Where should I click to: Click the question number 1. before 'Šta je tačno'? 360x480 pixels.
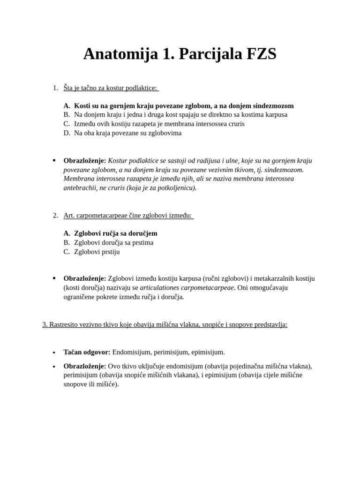(x=55, y=88)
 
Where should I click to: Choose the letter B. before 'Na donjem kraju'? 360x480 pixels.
(x=67, y=114)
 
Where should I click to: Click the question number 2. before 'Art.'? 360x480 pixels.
(x=55, y=215)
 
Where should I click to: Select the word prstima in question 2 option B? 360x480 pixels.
(x=142, y=242)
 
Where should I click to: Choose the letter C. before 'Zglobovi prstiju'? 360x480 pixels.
(x=67, y=252)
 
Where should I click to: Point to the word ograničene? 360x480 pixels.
(x=80, y=297)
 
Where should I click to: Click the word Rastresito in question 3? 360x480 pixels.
(x=66, y=324)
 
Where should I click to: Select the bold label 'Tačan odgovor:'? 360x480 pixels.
(x=87, y=352)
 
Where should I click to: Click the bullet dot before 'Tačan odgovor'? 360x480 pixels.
(x=54, y=352)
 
